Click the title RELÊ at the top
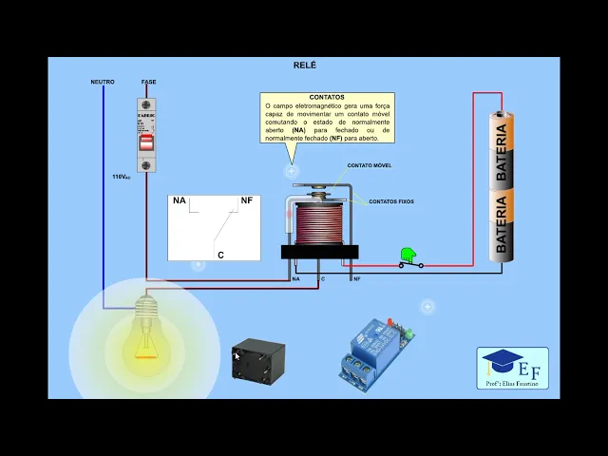coord(304,65)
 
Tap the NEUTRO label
coord(103,82)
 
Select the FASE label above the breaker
coord(148,82)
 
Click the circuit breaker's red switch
coord(146,142)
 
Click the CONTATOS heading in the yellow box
coord(327,97)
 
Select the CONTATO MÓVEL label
coord(369,165)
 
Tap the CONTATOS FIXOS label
coord(391,201)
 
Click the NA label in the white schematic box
coord(179,200)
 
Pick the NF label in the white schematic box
coord(247,200)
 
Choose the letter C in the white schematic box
coord(220,255)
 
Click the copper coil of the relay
coord(319,225)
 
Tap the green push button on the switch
coord(408,255)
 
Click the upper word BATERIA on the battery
coord(502,155)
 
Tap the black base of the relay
coord(319,252)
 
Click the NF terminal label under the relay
coord(356,279)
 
